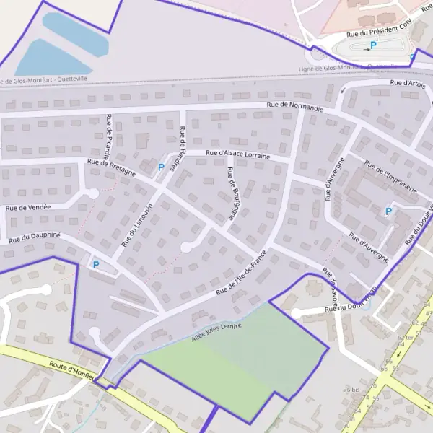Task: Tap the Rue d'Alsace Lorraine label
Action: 237,154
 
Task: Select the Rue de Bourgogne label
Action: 232,193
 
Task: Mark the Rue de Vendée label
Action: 29,208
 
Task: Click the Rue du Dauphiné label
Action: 34,237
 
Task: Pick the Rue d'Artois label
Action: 406,84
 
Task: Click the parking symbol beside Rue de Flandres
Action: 161,167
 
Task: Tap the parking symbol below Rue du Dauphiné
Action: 95,265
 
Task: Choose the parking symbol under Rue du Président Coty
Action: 373,45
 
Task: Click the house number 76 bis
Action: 351,390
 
